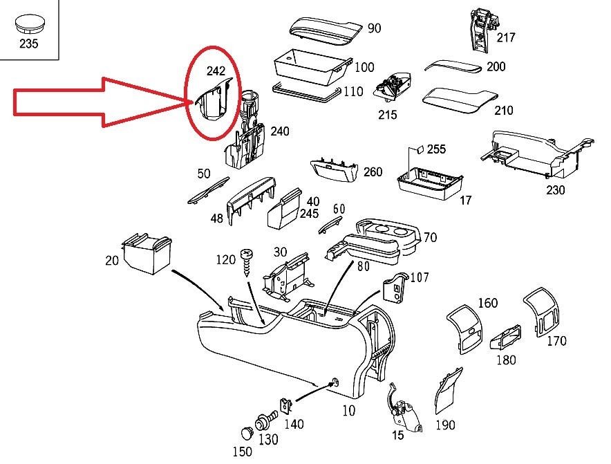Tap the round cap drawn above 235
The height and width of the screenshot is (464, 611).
29,24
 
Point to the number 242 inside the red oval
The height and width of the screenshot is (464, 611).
216,71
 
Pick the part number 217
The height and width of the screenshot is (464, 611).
505,37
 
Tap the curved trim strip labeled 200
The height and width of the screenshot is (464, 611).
452,66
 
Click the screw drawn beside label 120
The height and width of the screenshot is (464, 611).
245,260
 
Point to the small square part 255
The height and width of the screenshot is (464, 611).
419,149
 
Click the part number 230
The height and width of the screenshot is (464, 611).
554,190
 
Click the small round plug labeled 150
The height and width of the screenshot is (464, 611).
247,433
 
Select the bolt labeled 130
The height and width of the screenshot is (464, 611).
265,420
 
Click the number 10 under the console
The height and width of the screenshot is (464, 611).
348,411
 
